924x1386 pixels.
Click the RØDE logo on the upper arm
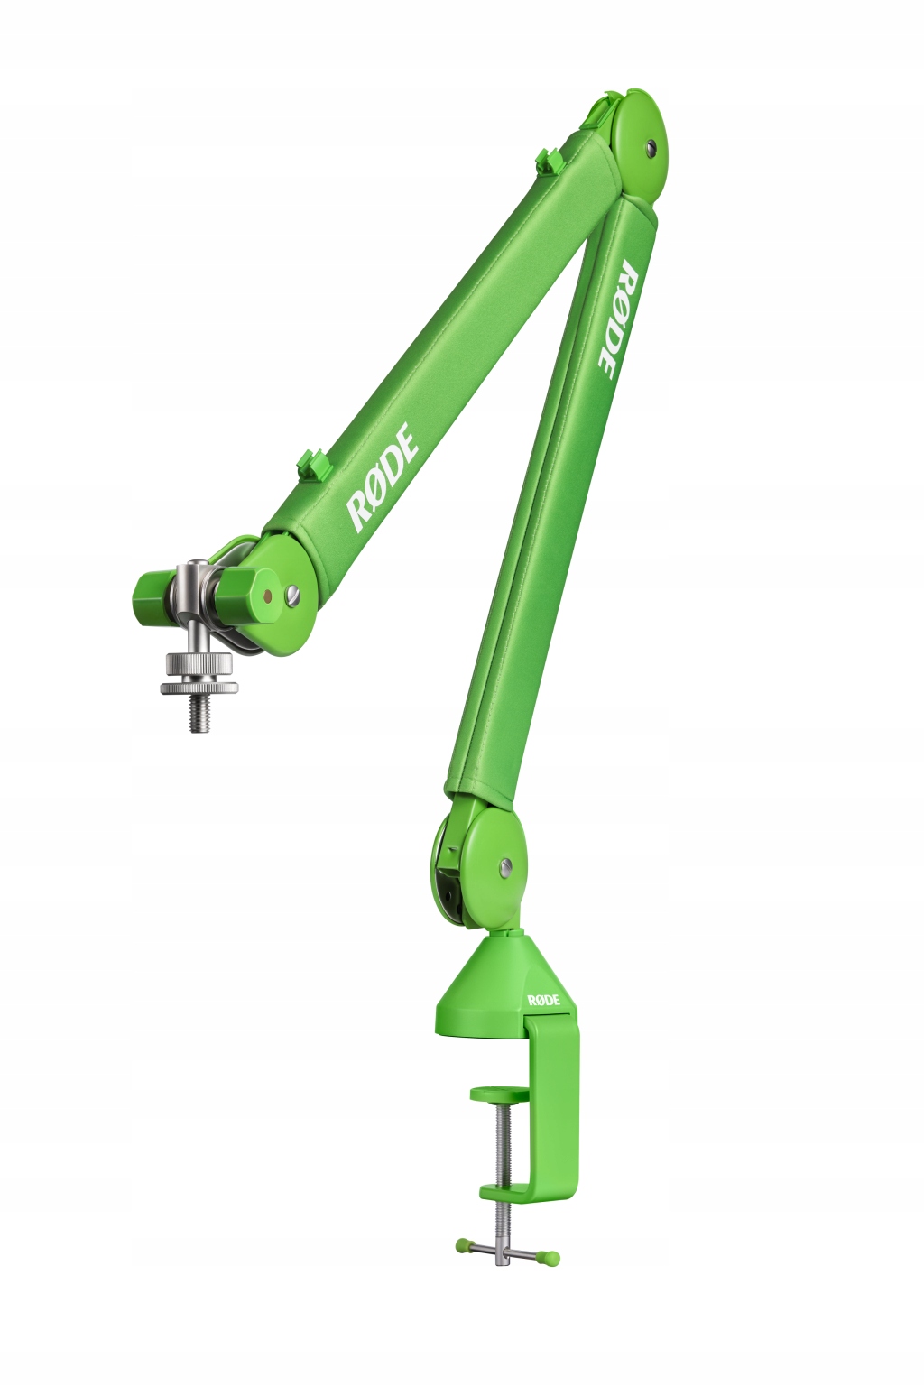click(383, 476)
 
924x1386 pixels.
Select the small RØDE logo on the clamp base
click(544, 1000)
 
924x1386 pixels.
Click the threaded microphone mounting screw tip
click(199, 715)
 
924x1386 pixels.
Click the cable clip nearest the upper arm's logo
click(314, 464)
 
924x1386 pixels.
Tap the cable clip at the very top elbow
click(611, 97)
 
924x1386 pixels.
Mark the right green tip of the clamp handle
click(550, 1257)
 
